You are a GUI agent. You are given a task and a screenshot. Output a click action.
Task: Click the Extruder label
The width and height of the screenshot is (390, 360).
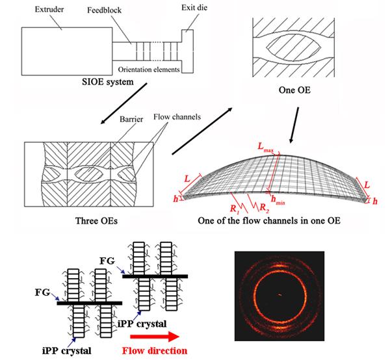pyautogui.click(x=49, y=10)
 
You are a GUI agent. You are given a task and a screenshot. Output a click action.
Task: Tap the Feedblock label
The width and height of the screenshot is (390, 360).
pyautogui.click(x=104, y=10)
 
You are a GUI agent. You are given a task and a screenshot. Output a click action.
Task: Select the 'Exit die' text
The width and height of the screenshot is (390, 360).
pyautogui.click(x=194, y=8)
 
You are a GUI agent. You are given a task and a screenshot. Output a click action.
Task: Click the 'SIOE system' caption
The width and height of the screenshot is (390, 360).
pyautogui.click(x=108, y=82)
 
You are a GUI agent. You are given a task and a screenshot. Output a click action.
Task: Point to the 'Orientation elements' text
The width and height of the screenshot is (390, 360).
pyautogui.click(x=149, y=70)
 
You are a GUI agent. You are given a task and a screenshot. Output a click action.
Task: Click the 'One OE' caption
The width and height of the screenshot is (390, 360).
pyautogui.click(x=294, y=90)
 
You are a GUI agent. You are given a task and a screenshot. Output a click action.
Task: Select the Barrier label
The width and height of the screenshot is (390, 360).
pyautogui.click(x=131, y=119)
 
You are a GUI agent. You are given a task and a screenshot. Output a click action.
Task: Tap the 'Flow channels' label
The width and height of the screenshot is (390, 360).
pyautogui.click(x=177, y=116)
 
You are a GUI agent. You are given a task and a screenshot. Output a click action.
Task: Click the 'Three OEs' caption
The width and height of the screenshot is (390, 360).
pyautogui.click(x=96, y=221)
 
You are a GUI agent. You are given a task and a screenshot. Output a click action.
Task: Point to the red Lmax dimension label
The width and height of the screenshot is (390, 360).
pyautogui.click(x=265, y=147)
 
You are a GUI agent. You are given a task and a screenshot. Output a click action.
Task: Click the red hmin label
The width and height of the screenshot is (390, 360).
pyautogui.click(x=278, y=200)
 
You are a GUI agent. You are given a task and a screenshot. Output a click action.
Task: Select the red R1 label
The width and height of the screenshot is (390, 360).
pyautogui.click(x=235, y=209)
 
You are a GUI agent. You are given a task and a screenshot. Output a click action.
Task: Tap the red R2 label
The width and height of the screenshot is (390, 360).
pyautogui.click(x=265, y=207)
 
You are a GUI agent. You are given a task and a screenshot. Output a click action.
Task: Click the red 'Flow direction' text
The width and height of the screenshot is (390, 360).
pyautogui.click(x=155, y=351)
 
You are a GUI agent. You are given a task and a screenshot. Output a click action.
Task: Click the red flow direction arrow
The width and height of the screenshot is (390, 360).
pyautogui.click(x=155, y=337)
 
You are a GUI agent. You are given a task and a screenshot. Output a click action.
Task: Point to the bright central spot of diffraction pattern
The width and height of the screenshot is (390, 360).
pyautogui.click(x=279, y=295)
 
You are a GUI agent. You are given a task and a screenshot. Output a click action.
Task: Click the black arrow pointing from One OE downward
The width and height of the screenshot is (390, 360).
pyautogui.click(x=294, y=125)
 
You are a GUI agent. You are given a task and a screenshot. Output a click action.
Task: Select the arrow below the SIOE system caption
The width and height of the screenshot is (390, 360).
pyautogui.click(x=123, y=103)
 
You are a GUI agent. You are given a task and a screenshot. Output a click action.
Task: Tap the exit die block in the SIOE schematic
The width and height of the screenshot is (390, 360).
pyautogui.click(x=187, y=51)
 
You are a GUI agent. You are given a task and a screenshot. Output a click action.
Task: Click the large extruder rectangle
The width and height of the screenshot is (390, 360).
pyautogui.click(x=67, y=51)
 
